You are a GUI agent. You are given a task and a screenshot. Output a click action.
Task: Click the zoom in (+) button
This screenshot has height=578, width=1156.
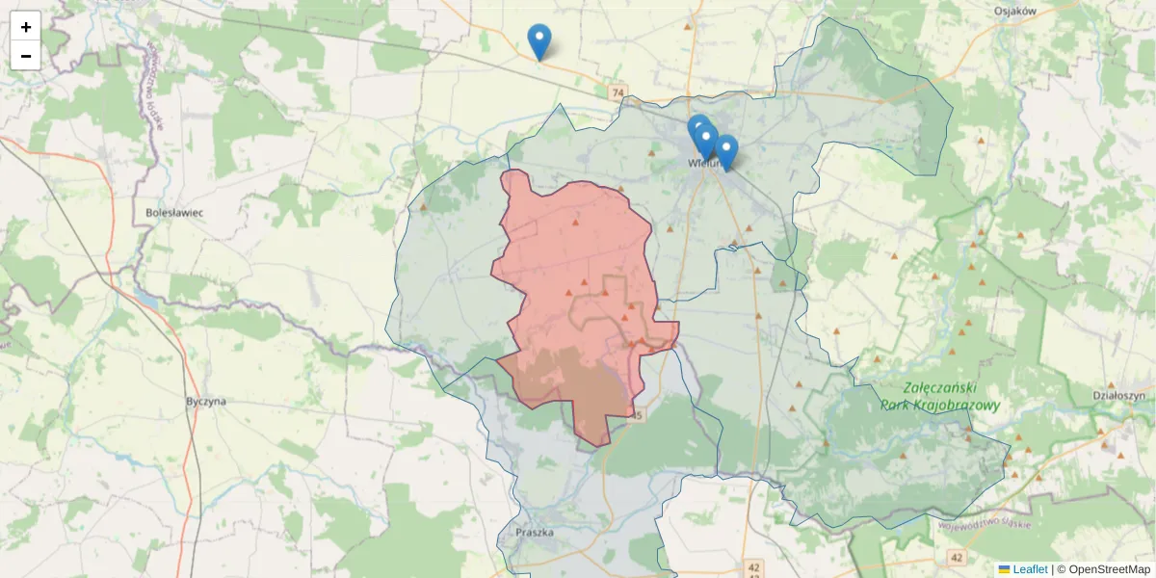(x=26, y=27)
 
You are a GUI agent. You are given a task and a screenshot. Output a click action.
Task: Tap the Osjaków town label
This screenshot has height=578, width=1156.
(x=1014, y=11)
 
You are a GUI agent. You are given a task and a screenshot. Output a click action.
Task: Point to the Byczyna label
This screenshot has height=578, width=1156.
(x=206, y=400)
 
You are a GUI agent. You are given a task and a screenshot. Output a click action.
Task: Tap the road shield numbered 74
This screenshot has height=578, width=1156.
(x=617, y=92)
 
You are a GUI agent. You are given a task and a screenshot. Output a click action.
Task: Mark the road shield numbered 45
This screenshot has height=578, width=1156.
(x=635, y=414)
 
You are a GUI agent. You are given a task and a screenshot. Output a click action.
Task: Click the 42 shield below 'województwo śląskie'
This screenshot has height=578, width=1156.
(x=956, y=557)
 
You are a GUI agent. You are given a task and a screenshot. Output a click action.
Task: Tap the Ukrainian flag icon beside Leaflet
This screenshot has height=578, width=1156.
(x=1004, y=569)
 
